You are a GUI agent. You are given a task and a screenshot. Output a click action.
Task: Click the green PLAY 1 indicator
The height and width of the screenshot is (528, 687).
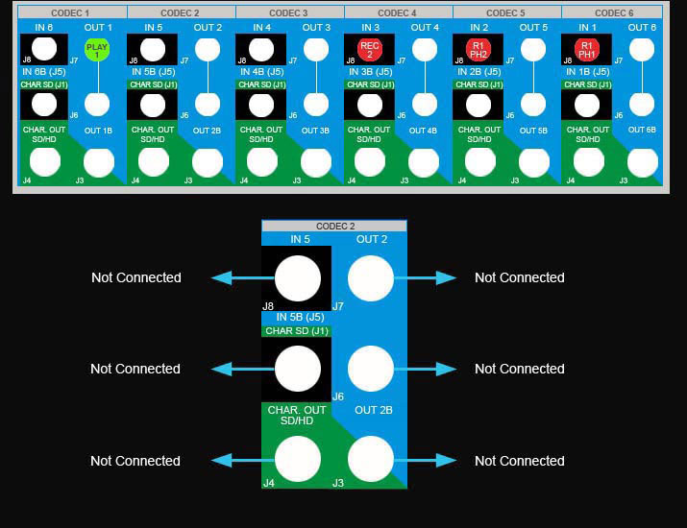(x=97, y=50)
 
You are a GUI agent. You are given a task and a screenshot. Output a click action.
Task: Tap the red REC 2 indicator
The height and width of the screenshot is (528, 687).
(x=370, y=50)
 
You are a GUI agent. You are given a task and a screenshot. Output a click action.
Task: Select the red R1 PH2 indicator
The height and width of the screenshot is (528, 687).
(x=478, y=50)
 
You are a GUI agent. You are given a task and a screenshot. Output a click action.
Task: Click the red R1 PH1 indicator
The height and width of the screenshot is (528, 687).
(x=587, y=50)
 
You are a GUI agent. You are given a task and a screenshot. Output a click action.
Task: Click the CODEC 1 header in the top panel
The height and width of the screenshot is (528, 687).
(x=72, y=13)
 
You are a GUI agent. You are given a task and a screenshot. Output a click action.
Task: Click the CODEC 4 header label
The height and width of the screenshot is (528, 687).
(x=398, y=13)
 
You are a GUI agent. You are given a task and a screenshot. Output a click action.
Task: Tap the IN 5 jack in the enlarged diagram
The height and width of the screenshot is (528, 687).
(x=298, y=279)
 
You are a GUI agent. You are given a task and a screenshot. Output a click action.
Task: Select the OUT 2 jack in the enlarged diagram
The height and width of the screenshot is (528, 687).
(x=371, y=279)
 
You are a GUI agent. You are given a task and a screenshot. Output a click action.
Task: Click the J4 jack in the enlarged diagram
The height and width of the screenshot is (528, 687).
(x=298, y=459)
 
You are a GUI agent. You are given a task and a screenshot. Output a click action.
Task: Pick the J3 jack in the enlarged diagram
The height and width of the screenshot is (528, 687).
(x=371, y=459)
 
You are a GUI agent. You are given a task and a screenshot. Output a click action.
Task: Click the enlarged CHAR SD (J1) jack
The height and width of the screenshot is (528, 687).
(x=298, y=369)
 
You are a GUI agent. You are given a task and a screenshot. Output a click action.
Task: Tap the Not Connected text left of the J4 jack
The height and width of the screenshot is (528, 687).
(x=135, y=461)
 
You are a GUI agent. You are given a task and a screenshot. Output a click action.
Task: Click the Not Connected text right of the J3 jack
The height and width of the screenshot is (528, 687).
(x=519, y=461)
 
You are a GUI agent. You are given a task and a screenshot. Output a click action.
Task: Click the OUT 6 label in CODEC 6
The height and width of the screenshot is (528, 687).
(x=642, y=28)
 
